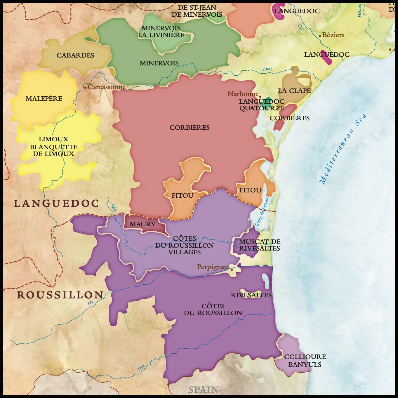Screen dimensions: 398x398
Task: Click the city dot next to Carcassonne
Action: point(85,87)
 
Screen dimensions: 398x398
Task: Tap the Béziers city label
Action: point(333,35)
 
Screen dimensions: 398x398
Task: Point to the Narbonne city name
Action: point(243,94)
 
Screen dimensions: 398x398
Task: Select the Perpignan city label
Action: point(212,267)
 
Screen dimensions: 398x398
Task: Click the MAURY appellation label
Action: point(142,224)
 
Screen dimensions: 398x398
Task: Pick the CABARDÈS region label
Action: point(75,55)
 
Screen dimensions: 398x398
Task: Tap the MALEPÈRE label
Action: point(44,99)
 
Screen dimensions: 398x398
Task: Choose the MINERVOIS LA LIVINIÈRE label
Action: point(161,32)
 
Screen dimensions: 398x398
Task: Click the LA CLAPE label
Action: point(294,91)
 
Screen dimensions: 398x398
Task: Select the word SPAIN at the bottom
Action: point(203,390)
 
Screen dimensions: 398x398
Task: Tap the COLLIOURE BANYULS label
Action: point(305,361)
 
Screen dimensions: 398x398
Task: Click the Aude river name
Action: point(267,69)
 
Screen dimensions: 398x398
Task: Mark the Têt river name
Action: point(90,303)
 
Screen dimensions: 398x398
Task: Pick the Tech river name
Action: point(141,368)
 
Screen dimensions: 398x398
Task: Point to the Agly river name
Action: point(113,207)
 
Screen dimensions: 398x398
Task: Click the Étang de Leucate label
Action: point(262,211)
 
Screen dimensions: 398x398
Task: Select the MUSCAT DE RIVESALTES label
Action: point(260,245)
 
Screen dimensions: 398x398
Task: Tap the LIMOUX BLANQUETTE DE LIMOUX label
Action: point(54,147)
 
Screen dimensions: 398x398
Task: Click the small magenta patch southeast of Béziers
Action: point(326,58)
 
